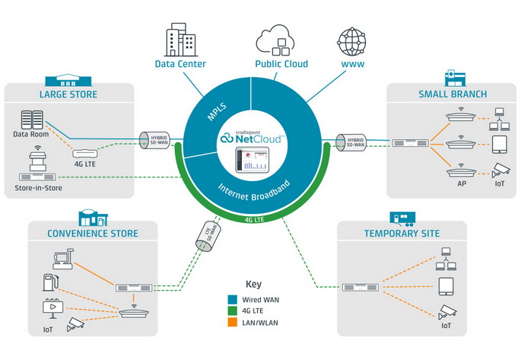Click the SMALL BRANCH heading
click(452, 94)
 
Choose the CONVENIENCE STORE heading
click(94, 234)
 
